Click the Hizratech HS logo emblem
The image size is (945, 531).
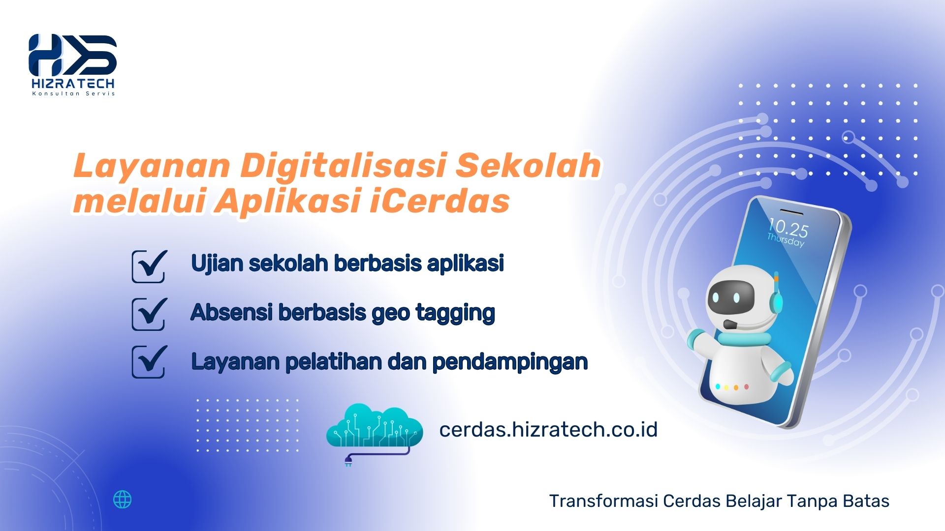pos(73,55)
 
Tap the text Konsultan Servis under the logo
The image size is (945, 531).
pos(73,93)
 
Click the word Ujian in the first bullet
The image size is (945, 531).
pos(217,264)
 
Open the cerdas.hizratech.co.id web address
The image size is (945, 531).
pos(548,429)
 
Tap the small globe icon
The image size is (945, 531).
pos(123,500)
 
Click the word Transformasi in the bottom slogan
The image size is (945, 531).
pos(603,501)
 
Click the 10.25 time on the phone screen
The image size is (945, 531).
pos(788,228)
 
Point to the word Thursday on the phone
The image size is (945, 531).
pos(786,240)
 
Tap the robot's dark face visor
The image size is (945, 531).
pos(730,297)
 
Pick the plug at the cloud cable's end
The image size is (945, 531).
pos(348,461)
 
